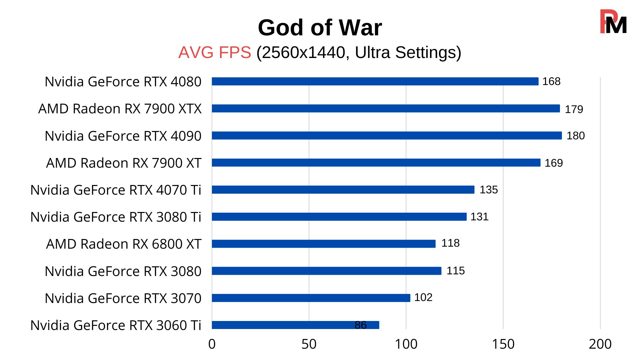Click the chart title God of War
tap(320, 27)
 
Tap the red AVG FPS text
tap(215, 52)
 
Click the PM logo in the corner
tap(613, 22)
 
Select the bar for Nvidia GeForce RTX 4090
tap(387, 135)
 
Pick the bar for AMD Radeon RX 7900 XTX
tap(386, 108)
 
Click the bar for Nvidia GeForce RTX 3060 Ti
tap(295, 325)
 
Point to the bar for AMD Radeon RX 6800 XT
tap(323, 244)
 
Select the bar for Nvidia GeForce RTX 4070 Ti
tap(343, 190)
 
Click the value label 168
tap(551, 81)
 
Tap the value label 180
tap(576, 136)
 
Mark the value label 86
tap(360, 325)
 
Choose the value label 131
tap(479, 217)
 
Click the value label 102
tap(423, 297)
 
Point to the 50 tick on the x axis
tap(309, 344)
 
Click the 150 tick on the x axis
tap(503, 344)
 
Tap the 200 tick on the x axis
tap(600, 344)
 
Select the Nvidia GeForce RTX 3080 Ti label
tap(116, 217)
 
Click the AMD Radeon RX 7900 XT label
tap(124, 163)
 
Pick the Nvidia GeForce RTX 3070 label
tap(123, 298)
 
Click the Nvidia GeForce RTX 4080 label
tap(123, 82)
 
